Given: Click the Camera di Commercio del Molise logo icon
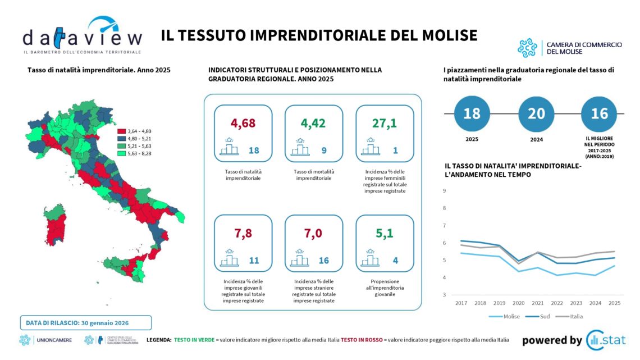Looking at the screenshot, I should click(527, 48).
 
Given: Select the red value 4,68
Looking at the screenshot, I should click(243, 124).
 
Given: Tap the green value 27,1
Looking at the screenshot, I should click(385, 124).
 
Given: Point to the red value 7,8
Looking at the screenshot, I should click(243, 233).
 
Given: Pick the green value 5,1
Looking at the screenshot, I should click(385, 233).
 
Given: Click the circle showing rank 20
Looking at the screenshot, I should click(536, 113).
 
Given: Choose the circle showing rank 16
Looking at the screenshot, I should click(599, 113).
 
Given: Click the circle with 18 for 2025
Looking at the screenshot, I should click(472, 113).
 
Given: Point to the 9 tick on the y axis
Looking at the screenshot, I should click(444, 191).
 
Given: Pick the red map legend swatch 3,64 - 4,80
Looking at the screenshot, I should click(121, 131).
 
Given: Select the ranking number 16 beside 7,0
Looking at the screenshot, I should click(324, 261).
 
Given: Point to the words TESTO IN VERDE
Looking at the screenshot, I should click(194, 340).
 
